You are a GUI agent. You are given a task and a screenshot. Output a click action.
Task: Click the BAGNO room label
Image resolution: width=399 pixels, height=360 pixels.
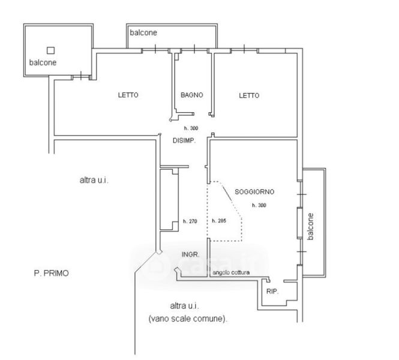click(x=192, y=95)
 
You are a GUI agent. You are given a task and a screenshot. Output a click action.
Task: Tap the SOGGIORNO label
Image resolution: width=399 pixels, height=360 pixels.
click(x=254, y=192)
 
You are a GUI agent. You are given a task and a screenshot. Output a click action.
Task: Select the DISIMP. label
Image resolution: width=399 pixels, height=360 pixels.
click(x=185, y=140)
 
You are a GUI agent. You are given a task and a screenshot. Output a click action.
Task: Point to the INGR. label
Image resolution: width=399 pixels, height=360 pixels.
click(x=190, y=254)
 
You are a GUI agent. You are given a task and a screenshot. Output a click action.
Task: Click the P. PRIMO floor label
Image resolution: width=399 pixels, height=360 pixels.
click(x=51, y=273)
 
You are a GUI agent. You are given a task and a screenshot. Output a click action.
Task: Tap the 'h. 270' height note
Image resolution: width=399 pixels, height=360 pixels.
click(x=190, y=221)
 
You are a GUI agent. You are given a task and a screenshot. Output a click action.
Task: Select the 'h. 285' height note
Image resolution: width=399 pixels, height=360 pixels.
click(x=219, y=221)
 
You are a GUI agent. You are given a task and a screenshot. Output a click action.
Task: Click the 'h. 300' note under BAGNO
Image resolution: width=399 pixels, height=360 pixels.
click(x=191, y=129)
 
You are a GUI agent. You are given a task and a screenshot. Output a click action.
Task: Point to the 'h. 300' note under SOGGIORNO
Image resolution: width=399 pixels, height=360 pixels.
click(x=259, y=205)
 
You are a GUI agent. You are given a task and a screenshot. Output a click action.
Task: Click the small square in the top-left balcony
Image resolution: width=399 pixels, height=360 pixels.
click(x=51, y=50)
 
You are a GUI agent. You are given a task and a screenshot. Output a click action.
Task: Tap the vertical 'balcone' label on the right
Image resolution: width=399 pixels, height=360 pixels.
click(x=310, y=227)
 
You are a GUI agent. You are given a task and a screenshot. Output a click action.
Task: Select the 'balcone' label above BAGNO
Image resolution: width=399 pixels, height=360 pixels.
click(x=144, y=34)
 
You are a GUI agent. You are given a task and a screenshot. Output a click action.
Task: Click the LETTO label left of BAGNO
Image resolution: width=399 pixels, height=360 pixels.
click(x=128, y=95)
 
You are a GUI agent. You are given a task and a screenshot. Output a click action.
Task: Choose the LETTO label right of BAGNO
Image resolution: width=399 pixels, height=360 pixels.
click(x=249, y=95)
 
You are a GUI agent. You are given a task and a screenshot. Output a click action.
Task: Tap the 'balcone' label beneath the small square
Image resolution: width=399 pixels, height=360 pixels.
click(x=44, y=62)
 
